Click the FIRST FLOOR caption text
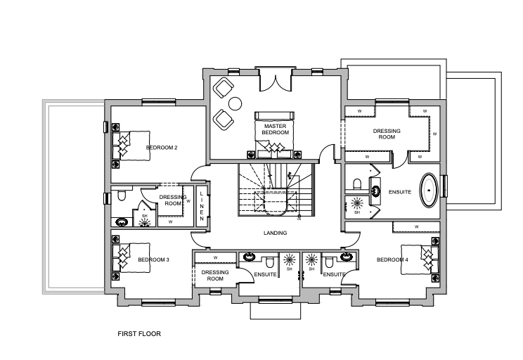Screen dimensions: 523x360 (139, 334)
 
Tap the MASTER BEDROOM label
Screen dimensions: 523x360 (275, 129)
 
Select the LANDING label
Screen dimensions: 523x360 (275, 233)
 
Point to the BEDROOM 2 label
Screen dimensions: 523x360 (162, 148)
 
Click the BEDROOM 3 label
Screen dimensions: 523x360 (154, 259)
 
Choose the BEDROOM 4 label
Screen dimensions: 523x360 (392, 259)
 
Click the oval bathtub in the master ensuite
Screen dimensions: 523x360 (429, 190)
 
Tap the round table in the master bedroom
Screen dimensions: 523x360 (235, 103)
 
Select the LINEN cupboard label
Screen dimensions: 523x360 (202, 206)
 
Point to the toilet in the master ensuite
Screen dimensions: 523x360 (357, 184)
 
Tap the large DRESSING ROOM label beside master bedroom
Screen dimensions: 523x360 (387, 134)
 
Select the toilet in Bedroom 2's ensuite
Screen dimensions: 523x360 (122, 195)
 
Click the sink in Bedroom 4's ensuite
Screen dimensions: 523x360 (347, 256)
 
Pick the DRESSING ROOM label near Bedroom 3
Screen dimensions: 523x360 (215, 275)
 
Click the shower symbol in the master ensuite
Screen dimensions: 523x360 (357, 202)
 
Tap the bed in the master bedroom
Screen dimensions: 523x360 (275, 135)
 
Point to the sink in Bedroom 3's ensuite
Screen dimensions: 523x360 (249, 256)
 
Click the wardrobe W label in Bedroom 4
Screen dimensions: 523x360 (417, 227)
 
